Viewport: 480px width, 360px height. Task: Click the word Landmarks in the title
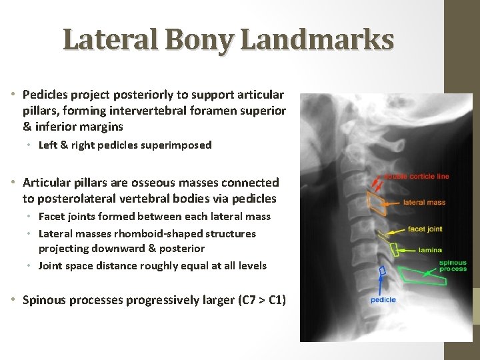point(317,40)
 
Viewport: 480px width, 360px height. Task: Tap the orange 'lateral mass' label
point(424,202)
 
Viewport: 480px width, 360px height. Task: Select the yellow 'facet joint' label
point(425,229)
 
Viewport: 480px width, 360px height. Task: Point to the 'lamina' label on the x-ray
point(429,250)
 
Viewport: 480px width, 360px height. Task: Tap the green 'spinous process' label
point(453,266)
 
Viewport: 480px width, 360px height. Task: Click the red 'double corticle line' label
point(419,177)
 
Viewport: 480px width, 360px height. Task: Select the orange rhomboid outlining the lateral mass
point(377,204)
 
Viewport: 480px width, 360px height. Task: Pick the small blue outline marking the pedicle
point(383,271)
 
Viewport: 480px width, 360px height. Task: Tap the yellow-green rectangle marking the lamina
point(394,250)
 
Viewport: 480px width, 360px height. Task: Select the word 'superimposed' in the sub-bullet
point(176,145)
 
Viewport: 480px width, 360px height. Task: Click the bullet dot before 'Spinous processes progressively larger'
point(14,299)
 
